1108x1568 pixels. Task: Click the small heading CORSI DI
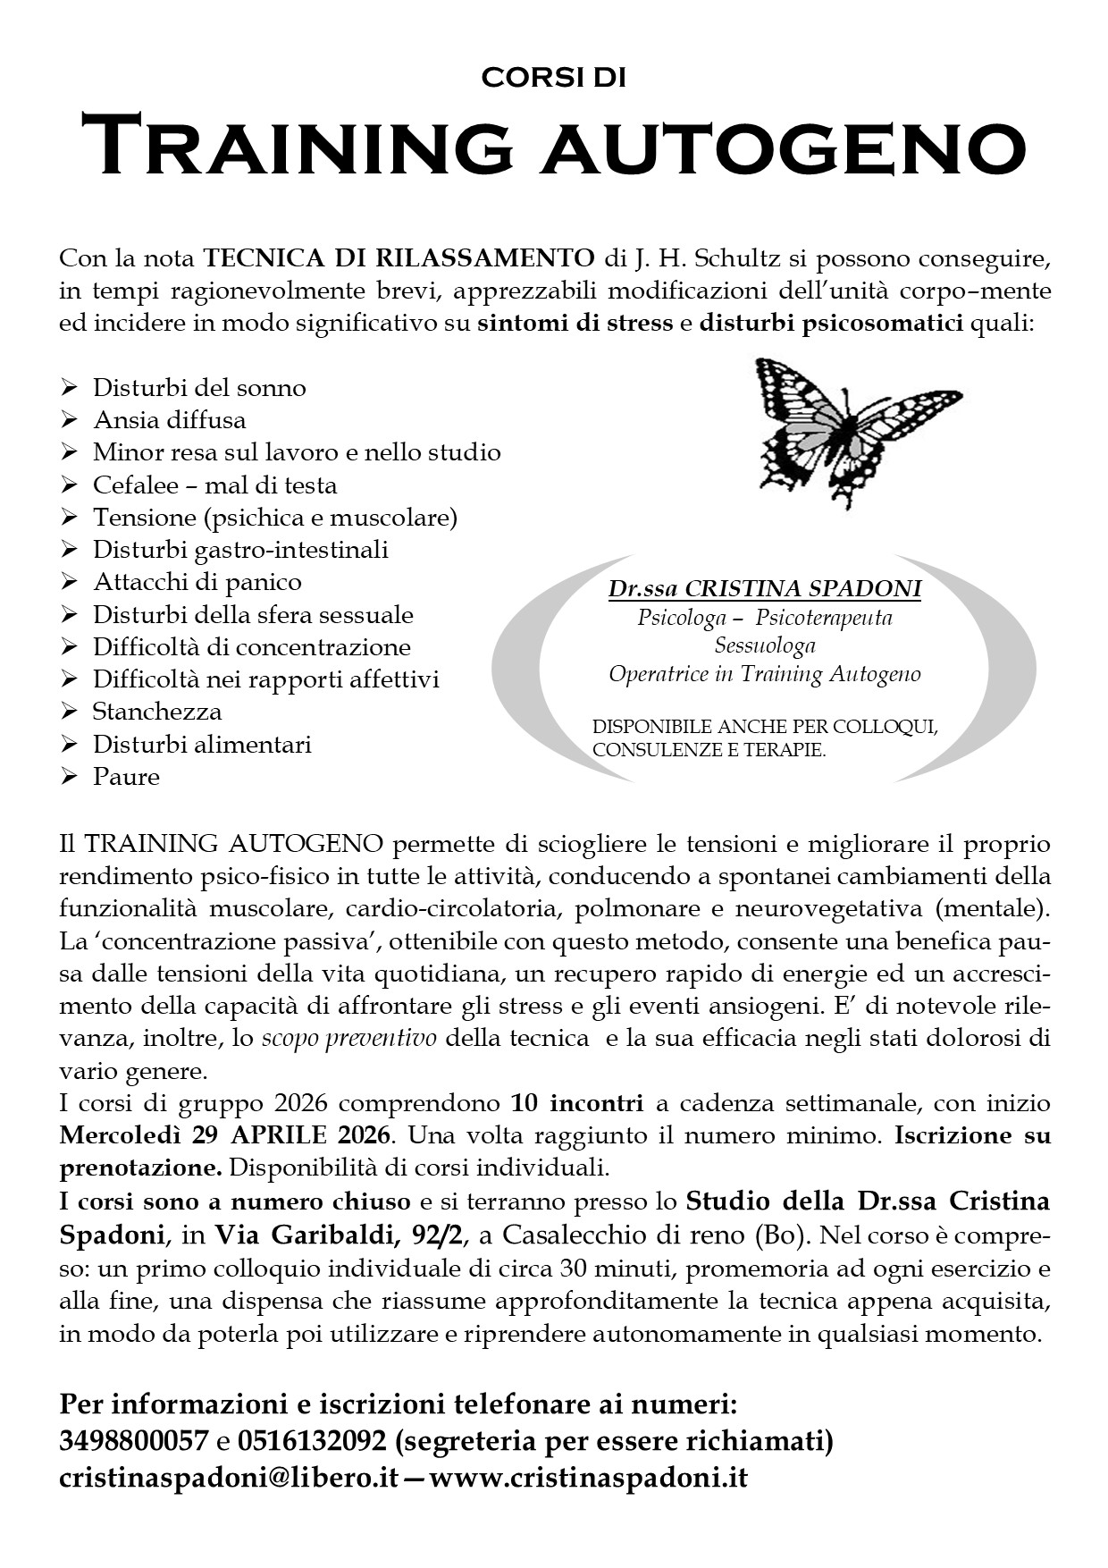pyautogui.click(x=553, y=78)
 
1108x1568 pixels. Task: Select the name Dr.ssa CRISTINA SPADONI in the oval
pyautogui.click(x=764, y=589)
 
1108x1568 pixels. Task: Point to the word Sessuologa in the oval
pyautogui.click(x=764, y=645)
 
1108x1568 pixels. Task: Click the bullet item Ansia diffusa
pyautogui.click(x=169, y=420)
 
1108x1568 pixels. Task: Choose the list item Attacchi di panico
pyautogui.click(x=197, y=582)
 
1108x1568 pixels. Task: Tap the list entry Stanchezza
pyautogui.click(x=157, y=712)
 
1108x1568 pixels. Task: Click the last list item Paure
pyautogui.click(x=126, y=777)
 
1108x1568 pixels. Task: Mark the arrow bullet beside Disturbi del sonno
pyautogui.click(x=70, y=388)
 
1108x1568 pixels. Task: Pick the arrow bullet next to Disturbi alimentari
pyautogui.click(x=70, y=745)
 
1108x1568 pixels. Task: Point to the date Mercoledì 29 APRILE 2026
pyautogui.click(x=225, y=1136)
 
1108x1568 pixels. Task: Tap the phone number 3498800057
pyautogui.click(x=133, y=1442)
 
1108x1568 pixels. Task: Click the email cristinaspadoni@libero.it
pyautogui.click(x=228, y=1478)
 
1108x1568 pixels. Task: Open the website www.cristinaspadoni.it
pyautogui.click(x=589, y=1478)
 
